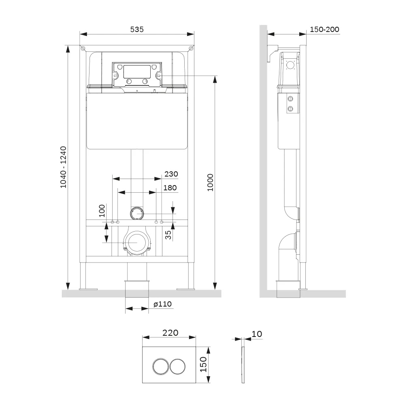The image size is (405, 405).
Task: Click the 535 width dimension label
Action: coord(136,30)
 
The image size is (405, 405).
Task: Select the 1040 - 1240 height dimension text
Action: coord(63,167)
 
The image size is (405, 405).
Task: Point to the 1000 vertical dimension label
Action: coord(211,183)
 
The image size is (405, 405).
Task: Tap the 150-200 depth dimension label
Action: coord(324,30)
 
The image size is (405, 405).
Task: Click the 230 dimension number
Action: coord(171,174)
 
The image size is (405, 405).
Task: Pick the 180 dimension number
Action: coord(170,188)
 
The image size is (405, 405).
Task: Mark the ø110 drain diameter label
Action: coord(162,304)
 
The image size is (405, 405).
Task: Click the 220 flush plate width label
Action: coord(170,333)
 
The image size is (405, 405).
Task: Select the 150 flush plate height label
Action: coord(204,364)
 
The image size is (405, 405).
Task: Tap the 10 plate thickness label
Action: coord(257,334)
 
